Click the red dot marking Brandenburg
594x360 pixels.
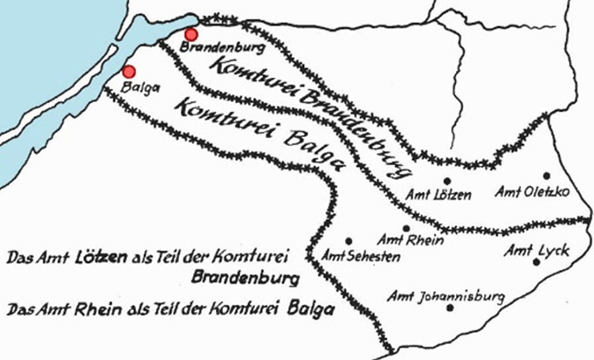pos(191,34)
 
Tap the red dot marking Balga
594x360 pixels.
pos(129,71)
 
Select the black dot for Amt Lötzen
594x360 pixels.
pos(447,180)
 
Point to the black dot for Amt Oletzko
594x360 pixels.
pos(546,176)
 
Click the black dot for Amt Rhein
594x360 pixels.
pos(406,229)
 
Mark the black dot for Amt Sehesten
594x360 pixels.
pos(348,241)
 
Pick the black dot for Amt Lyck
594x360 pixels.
pos(537,262)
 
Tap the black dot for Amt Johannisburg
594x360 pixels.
pos(450,307)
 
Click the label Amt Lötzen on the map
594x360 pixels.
pos(439,194)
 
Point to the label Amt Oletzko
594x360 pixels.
pos(532,192)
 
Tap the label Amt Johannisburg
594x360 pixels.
pos(446,295)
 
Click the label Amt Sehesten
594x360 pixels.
pos(360,256)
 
